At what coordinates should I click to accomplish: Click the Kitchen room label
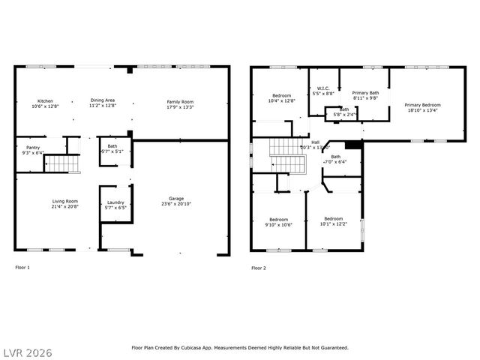(x=45, y=101)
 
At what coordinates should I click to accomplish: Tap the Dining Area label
(x=103, y=100)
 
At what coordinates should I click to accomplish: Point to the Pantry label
(x=33, y=148)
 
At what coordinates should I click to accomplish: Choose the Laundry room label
(x=115, y=202)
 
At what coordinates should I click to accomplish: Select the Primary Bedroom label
(x=422, y=105)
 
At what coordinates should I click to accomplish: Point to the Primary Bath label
(x=365, y=93)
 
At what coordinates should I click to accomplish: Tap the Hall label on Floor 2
(x=316, y=142)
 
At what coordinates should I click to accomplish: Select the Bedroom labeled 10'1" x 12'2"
(x=333, y=218)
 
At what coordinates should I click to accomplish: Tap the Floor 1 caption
(x=22, y=268)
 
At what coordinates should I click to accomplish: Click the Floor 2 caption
(x=259, y=268)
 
